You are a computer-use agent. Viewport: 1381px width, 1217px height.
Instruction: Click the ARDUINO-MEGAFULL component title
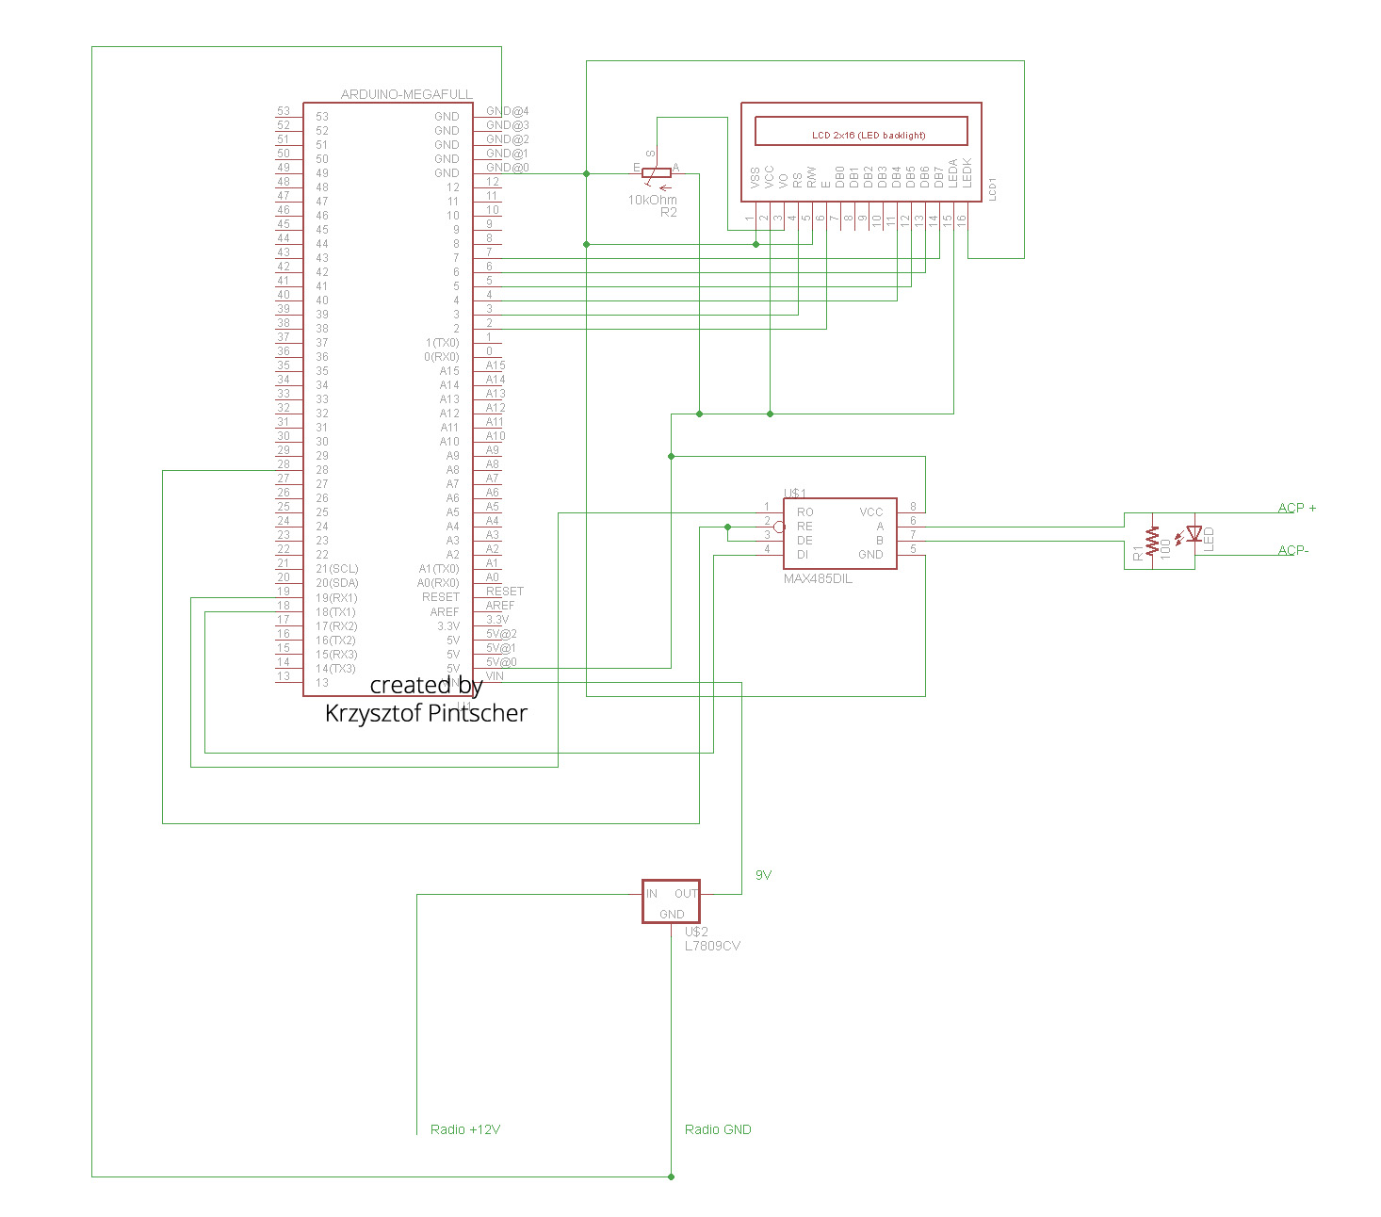[x=406, y=94]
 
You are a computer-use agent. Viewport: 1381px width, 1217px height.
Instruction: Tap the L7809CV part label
[x=712, y=946]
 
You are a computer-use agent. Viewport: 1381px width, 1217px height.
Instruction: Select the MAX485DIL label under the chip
[x=818, y=579]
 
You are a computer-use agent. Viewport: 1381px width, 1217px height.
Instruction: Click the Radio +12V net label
[x=464, y=1129]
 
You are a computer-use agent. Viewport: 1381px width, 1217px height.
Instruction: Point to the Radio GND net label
[x=718, y=1129]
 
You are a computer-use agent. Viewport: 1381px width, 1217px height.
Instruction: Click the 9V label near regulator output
[x=763, y=875]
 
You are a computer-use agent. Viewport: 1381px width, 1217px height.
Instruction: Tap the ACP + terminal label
[x=1297, y=508]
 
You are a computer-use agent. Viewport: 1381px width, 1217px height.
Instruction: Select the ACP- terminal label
[x=1293, y=550]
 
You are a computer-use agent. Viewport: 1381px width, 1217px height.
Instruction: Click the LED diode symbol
[x=1194, y=534]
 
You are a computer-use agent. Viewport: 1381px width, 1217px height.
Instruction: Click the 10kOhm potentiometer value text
[x=652, y=200]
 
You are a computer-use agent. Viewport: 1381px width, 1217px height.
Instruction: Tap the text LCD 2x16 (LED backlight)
[x=869, y=136]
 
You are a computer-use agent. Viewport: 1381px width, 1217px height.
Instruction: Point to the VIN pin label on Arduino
[x=495, y=676]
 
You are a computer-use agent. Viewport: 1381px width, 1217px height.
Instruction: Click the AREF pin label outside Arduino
[x=500, y=606]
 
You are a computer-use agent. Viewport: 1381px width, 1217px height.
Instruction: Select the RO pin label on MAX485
[x=804, y=512]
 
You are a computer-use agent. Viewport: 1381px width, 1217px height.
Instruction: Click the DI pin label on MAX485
[x=803, y=555]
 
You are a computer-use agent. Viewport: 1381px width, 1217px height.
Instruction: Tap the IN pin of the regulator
[x=652, y=894]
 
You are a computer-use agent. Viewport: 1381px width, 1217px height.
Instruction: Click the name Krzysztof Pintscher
[x=426, y=713]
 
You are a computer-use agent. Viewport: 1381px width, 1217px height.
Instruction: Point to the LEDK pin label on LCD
[x=967, y=173]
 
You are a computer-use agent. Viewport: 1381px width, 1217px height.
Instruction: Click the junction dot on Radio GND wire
[x=671, y=1176]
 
